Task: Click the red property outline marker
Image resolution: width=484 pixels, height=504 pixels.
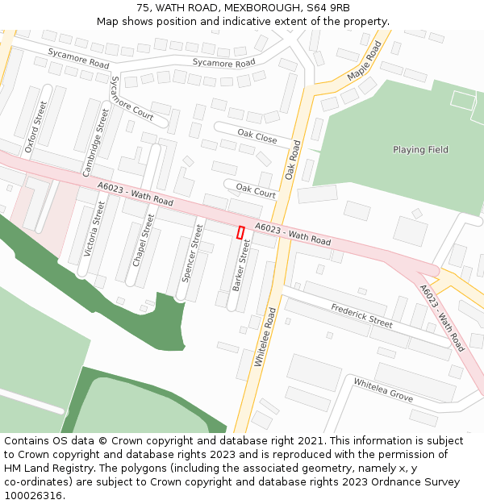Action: point(240,232)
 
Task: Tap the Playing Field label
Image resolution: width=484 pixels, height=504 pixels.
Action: point(420,150)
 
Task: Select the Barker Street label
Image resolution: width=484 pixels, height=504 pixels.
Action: point(241,265)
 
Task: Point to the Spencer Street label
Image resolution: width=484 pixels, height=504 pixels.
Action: point(193,253)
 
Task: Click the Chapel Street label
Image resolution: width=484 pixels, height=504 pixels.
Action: point(143,240)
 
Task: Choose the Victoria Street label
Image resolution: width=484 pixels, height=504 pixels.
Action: point(94,230)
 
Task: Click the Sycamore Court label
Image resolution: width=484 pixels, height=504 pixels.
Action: point(131,98)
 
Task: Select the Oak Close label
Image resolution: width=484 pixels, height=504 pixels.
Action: point(257,135)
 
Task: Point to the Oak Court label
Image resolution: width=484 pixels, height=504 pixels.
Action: point(255,190)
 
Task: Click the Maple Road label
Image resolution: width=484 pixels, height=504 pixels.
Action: point(364,60)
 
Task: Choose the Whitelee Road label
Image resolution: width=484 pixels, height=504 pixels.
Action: point(265,337)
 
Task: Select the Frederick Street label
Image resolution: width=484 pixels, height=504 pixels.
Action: point(361,315)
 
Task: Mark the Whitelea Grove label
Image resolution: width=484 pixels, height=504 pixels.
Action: point(383,391)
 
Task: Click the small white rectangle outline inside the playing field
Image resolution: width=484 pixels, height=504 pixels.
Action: point(463,100)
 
